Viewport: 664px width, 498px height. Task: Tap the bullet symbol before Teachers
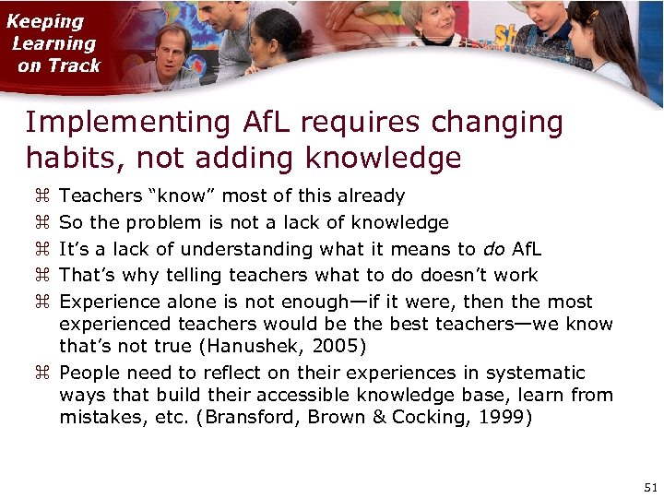pos(41,196)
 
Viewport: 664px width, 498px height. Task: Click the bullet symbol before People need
pos(41,373)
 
